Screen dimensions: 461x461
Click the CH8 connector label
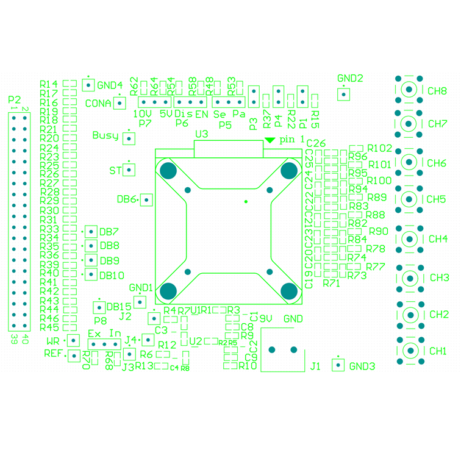coord(437,91)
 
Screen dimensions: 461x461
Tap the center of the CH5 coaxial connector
coord(409,199)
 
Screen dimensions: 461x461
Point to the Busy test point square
coord(129,138)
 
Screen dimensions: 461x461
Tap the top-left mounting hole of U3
coord(168,171)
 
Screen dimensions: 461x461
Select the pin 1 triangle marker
coord(270,140)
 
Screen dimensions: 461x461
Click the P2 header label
coord(15,99)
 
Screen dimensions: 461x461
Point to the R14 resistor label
coord(49,84)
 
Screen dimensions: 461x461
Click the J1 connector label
coord(315,366)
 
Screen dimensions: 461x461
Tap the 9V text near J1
coord(266,318)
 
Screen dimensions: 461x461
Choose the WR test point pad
coord(73,341)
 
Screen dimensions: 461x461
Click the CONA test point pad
coord(120,102)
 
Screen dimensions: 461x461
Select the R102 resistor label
coord(380,148)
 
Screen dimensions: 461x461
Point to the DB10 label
coord(112,275)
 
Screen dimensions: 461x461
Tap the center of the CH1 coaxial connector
coord(409,351)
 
